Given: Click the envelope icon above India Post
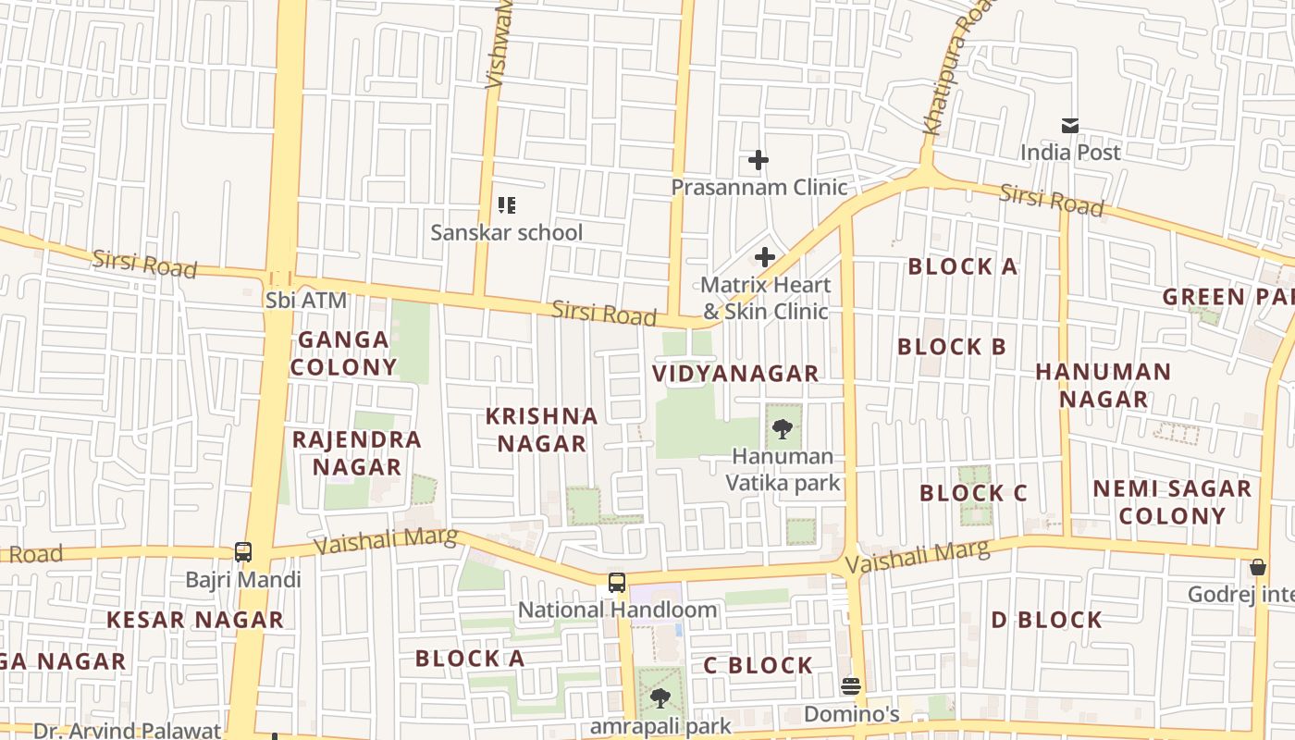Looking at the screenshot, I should (1070, 126).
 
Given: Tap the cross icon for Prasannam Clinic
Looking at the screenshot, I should (758, 161).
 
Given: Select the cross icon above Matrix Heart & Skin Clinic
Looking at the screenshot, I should (765, 257).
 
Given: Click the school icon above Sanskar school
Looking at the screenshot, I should (506, 205).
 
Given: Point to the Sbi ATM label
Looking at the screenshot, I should (305, 300).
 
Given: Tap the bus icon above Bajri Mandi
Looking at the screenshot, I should (243, 552).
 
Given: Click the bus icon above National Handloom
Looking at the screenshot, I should (617, 583).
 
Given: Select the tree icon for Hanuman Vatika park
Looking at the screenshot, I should (783, 429).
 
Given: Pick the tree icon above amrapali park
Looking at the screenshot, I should (660, 698).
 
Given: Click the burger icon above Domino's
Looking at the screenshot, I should (851, 686).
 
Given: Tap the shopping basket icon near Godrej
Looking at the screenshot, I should (1258, 567).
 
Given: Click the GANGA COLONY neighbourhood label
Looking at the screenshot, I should (344, 353).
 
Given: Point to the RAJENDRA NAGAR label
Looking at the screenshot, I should (357, 453).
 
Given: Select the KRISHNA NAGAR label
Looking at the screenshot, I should (542, 430).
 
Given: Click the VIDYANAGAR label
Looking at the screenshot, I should (735, 374).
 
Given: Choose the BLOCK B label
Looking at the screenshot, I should (952, 347).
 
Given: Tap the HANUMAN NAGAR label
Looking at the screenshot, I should (1104, 386).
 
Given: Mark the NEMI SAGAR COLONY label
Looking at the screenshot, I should (1172, 502).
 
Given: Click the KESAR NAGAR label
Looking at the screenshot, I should (195, 620).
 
